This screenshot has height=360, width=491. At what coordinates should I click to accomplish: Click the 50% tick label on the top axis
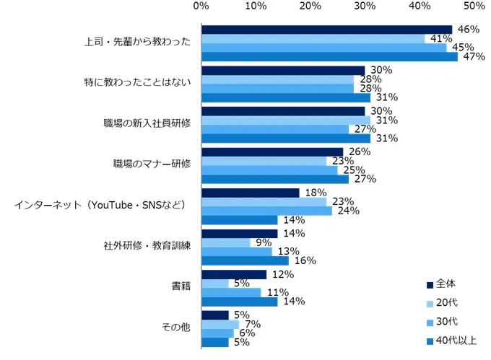click(x=474, y=6)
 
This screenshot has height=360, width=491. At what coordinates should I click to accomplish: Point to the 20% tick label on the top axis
click(x=310, y=6)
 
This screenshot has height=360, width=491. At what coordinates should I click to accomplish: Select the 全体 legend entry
click(x=446, y=283)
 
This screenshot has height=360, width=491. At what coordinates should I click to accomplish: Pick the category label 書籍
click(x=180, y=288)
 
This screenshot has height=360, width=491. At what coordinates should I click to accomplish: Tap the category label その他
click(x=176, y=328)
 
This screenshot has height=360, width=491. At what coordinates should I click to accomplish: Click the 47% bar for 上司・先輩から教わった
click(x=329, y=57)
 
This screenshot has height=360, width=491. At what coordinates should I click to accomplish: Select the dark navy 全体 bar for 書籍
click(x=234, y=274)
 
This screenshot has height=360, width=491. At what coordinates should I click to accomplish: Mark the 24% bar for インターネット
click(x=266, y=211)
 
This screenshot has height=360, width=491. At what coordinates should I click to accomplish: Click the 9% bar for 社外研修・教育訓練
click(x=226, y=242)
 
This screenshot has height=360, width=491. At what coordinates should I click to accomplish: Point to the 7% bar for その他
click(x=220, y=324)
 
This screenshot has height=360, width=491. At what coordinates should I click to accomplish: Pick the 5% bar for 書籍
click(x=215, y=284)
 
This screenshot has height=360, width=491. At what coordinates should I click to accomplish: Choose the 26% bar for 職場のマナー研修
click(x=272, y=152)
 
